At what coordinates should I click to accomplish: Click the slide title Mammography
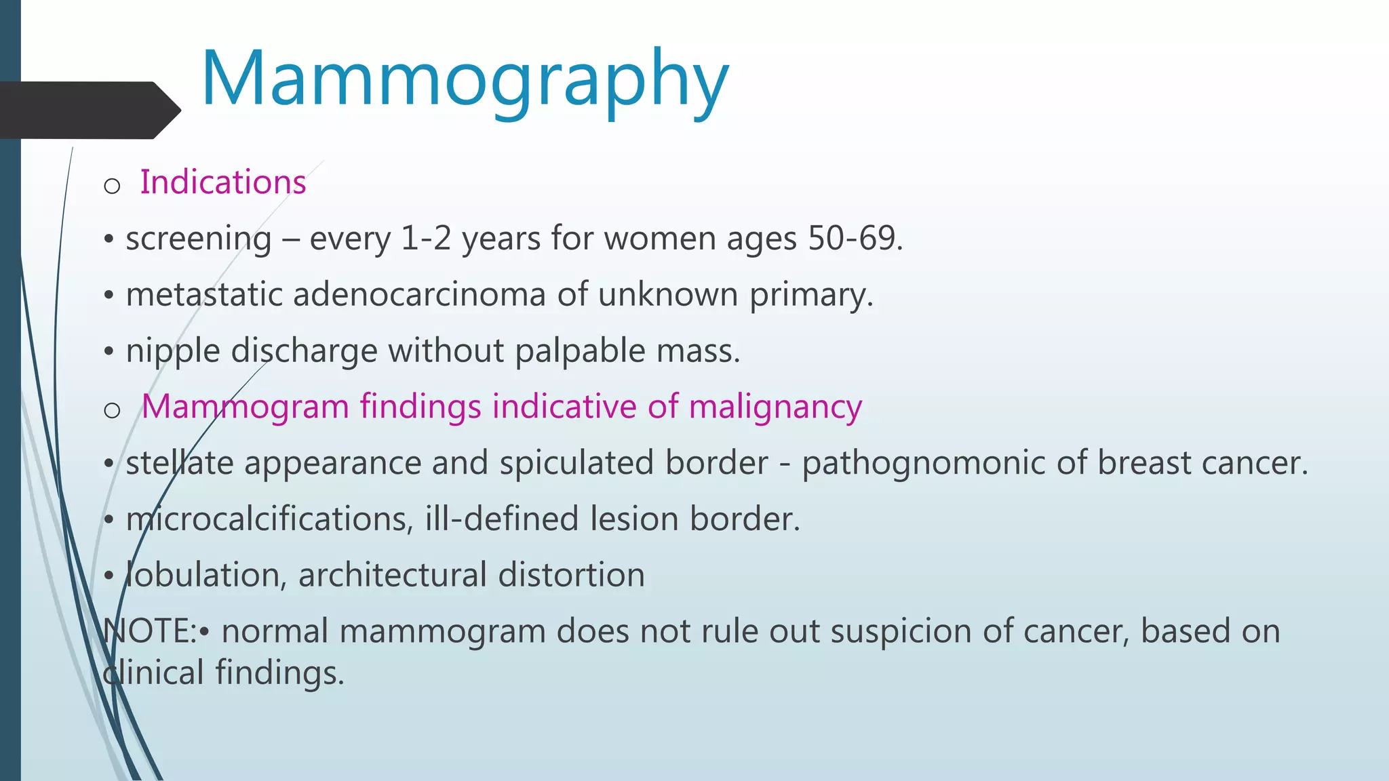[465, 80]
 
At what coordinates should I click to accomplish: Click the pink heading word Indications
[222, 182]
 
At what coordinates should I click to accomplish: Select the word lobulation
[203, 576]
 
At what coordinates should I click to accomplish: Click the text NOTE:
[149, 632]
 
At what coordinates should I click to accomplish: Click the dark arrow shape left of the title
[88, 110]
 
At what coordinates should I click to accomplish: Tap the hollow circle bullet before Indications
[112, 186]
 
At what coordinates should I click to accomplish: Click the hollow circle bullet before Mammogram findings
[112, 410]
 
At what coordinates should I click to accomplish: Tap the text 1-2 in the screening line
[426, 239]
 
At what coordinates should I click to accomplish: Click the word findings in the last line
[279, 674]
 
